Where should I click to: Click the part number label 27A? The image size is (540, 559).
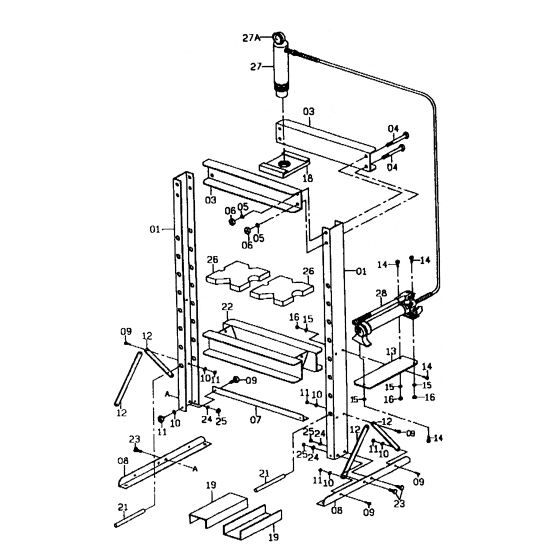click(251, 38)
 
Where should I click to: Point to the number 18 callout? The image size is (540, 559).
click(308, 177)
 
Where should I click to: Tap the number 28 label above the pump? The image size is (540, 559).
click(380, 293)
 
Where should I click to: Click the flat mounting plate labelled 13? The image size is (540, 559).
click(391, 370)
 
